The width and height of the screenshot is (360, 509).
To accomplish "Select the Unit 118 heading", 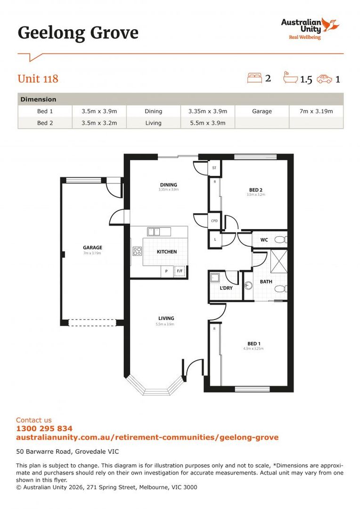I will click(x=38, y=79).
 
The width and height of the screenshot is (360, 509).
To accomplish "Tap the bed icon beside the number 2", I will click(x=254, y=78).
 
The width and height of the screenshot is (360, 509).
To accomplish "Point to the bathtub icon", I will click(x=290, y=77).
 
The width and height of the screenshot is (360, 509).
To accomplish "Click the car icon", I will click(x=325, y=79).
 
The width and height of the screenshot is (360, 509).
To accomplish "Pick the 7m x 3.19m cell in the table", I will click(x=316, y=111).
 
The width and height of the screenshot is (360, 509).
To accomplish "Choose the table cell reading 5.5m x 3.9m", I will click(x=207, y=123).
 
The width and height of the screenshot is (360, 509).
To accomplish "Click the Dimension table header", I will click(x=39, y=99).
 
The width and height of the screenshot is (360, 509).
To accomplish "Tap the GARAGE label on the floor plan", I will click(x=92, y=247).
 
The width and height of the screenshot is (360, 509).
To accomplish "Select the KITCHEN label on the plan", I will click(x=167, y=252).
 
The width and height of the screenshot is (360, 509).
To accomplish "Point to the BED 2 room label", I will click(x=254, y=190).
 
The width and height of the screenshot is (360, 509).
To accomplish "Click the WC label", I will click(x=264, y=240).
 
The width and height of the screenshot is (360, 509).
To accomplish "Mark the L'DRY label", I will click(x=226, y=288).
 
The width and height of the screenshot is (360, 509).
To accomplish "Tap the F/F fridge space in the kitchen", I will click(x=180, y=271).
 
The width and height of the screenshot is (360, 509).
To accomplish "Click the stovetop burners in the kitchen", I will click(x=137, y=251).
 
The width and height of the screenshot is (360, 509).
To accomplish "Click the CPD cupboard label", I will click(x=214, y=220).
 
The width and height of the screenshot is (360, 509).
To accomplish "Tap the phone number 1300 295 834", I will click(x=44, y=429).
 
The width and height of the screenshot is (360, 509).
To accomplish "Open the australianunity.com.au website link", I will click(x=147, y=437).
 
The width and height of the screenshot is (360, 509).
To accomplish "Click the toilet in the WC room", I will click(x=281, y=240).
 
